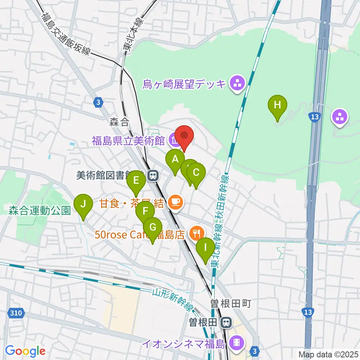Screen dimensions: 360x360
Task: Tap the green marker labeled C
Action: click(x=196, y=172)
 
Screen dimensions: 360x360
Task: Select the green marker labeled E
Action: click(x=136, y=181)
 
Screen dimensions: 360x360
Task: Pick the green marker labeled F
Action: click(x=145, y=211)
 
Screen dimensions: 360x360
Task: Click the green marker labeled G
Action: click(x=153, y=228)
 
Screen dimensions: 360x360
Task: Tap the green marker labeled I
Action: click(x=205, y=248)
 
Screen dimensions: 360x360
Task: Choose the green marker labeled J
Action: click(x=83, y=204)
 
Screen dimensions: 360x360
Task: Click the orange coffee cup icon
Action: click(x=175, y=202)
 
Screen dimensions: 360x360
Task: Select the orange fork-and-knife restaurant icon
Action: click(x=196, y=234)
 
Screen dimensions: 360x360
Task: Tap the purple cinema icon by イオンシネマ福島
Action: click(x=237, y=342)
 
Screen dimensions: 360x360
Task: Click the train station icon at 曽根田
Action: click(x=226, y=322)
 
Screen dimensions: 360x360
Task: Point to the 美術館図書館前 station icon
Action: click(x=152, y=175)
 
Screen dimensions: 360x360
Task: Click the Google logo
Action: click(x=25, y=351)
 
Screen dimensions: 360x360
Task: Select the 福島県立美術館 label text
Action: click(x=128, y=141)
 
